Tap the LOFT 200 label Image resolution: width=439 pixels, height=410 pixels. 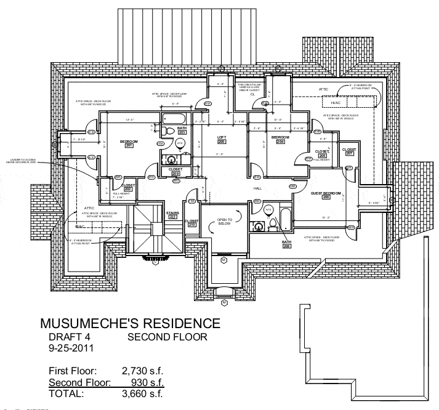pyautogui.click(x=222, y=139)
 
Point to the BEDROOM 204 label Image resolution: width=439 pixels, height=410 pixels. pyautogui.click(x=280, y=139)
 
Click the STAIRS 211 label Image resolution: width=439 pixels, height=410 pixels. pyautogui.click(x=172, y=214)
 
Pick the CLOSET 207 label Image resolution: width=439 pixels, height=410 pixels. pyautogui.click(x=349, y=151)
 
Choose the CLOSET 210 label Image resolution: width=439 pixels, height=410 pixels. pyautogui.click(x=191, y=223)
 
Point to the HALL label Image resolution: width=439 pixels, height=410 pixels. pyautogui.click(x=257, y=189)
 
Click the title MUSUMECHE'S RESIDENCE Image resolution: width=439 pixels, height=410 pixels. pyautogui.click(x=129, y=323)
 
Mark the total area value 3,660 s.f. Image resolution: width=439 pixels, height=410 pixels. pyautogui.click(x=143, y=393)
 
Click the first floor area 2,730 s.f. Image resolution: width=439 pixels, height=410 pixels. pyautogui.click(x=143, y=371)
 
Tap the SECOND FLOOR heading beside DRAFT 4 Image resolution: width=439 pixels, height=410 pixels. pyautogui.click(x=167, y=337)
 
